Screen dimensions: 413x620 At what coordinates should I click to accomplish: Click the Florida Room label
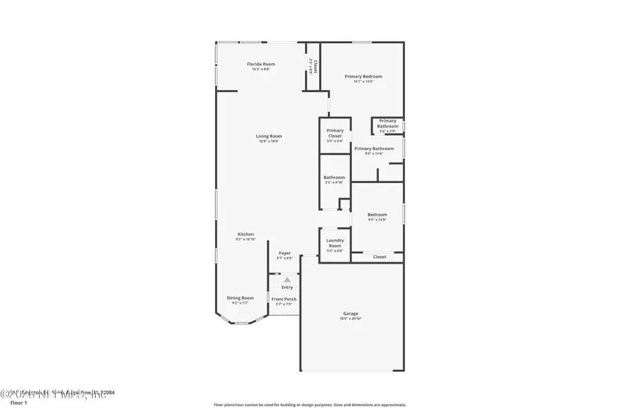(x=261, y=64)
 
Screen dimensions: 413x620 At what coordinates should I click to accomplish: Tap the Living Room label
(x=270, y=136)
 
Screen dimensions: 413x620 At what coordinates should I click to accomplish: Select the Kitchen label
(x=246, y=234)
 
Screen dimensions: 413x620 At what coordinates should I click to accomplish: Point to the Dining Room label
(x=240, y=297)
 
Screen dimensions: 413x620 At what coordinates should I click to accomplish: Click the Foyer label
(x=285, y=253)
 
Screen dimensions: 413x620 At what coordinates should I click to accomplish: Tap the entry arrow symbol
(x=287, y=279)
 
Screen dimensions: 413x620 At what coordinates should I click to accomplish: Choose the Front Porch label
(x=284, y=299)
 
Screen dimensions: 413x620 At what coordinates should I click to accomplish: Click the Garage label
(x=351, y=314)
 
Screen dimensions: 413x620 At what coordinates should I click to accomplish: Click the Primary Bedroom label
(x=363, y=76)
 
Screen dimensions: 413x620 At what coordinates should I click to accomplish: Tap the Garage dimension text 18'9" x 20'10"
(x=351, y=319)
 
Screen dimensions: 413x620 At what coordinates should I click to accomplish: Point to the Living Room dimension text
(x=270, y=141)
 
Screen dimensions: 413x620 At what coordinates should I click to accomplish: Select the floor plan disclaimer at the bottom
(x=310, y=405)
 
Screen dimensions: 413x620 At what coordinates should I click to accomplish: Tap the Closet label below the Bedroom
(x=380, y=257)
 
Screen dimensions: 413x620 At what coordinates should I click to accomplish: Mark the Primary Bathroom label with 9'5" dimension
(x=374, y=149)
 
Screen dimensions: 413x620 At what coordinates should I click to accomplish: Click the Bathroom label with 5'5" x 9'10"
(x=335, y=178)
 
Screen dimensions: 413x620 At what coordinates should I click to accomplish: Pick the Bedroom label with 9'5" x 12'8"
(x=377, y=215)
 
